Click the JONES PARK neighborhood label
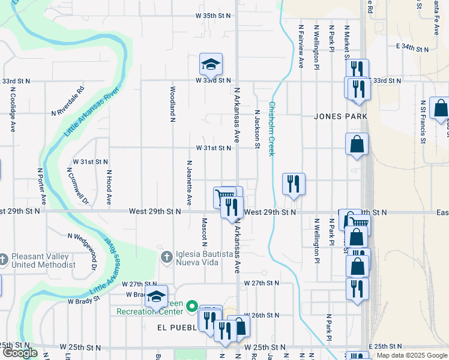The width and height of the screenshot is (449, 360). point(340,116)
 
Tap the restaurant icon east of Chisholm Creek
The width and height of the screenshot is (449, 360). point(294,184)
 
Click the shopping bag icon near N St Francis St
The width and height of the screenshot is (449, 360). point(440,108)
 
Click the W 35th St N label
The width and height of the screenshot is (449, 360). point(213,16)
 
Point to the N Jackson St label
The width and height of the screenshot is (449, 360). point(258,128)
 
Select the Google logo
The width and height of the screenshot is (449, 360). point(20,353)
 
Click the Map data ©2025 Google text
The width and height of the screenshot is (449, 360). point(411,355)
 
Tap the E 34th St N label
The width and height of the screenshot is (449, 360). point(412,46)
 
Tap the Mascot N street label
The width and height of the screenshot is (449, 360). point(204,232)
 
